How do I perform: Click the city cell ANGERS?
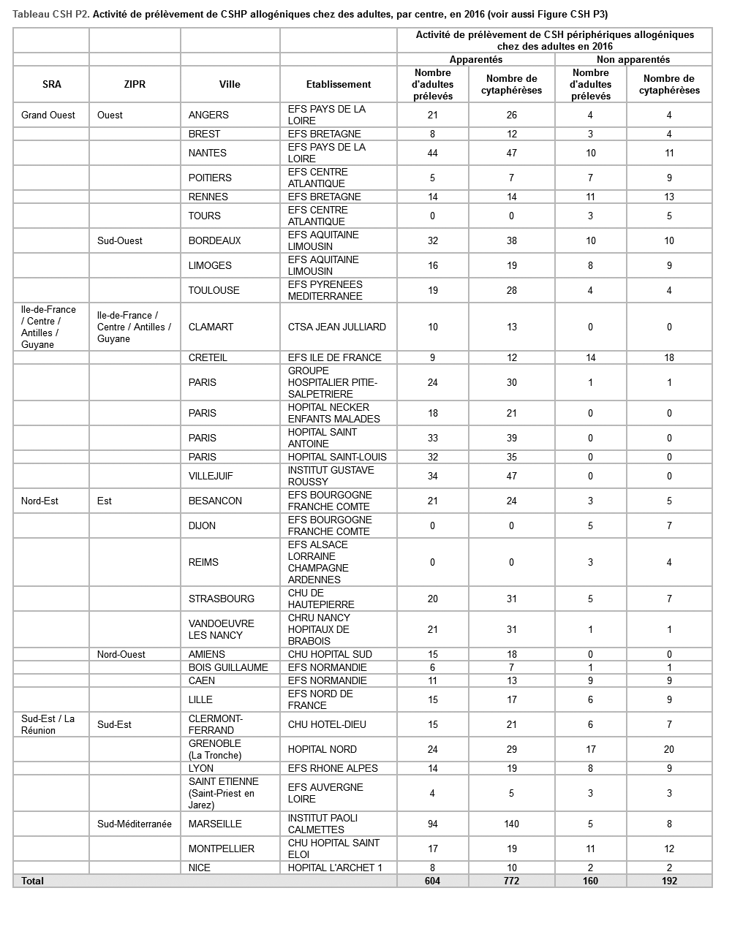(x=208, y=115)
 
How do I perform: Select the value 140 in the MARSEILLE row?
(x=511, y=824)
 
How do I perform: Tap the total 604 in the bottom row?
(x=433, y=881)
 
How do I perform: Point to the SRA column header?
(x=52, y=84)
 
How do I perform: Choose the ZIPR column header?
(x=135, y=84)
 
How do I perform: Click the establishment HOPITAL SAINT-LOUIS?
(x=337, y=457)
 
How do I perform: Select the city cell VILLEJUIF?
(x=211, y=476)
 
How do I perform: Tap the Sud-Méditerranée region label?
(x=135, y=824)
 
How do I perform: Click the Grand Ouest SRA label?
(x=48, y=115)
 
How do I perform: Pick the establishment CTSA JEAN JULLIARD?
(x=337, y=327)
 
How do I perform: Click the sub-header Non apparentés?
(x=633, y=59)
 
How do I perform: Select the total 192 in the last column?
(x=669, y=881)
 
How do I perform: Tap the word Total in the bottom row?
(x=33, y=881)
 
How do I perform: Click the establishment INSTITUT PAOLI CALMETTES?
(x=322, y=824)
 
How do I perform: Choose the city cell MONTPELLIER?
(x=222, y=849)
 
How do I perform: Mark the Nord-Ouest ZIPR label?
(x=121, y=654)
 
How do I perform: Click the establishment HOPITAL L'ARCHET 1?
(x=335, y=868)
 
